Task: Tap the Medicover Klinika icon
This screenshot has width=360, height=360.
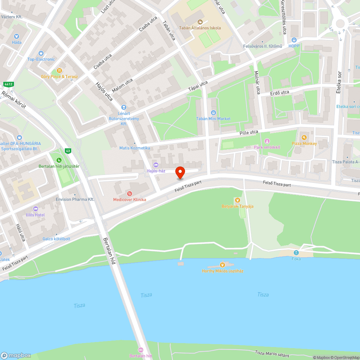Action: [130, 194]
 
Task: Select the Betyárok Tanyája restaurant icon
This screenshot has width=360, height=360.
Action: [237, 200]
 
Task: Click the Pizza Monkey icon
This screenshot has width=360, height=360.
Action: [304, 138]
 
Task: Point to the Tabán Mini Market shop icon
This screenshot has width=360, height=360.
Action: [213, 113]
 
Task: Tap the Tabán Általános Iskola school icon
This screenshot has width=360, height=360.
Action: [200, 22]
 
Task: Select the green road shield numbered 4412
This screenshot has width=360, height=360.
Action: [8, 84]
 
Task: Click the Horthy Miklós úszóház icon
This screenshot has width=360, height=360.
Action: [222, 265]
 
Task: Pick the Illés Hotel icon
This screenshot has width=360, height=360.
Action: [35, 209]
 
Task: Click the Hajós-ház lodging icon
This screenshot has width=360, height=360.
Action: [156, 165]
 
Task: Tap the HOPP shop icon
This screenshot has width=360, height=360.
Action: [294, 40]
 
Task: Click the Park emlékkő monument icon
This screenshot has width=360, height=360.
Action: [267, 141]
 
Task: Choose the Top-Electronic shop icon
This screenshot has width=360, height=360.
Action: [41, 53]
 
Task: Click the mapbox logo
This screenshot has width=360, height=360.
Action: [16, 355]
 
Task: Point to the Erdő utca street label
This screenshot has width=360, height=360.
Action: [280, 93]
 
